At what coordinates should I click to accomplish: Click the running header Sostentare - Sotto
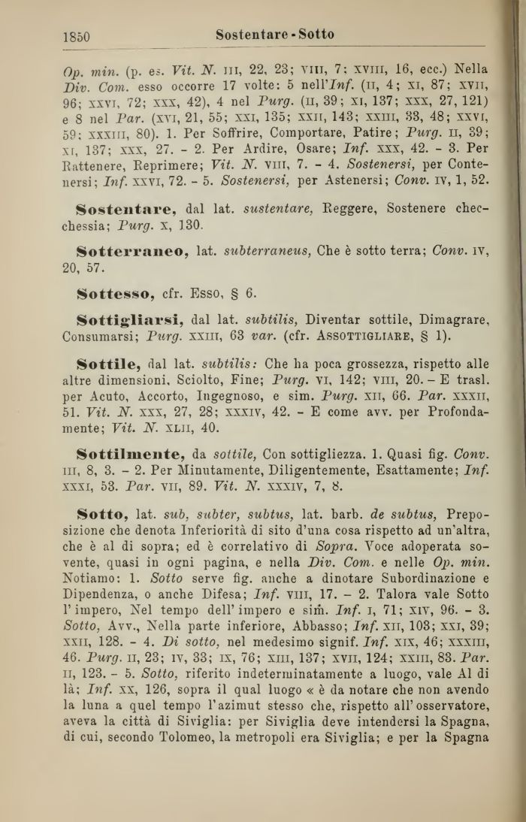[274, 35]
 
